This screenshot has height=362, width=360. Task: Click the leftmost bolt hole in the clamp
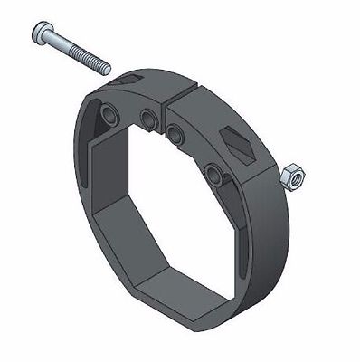coord(109,115)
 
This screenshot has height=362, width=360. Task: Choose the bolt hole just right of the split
coord(174,134)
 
